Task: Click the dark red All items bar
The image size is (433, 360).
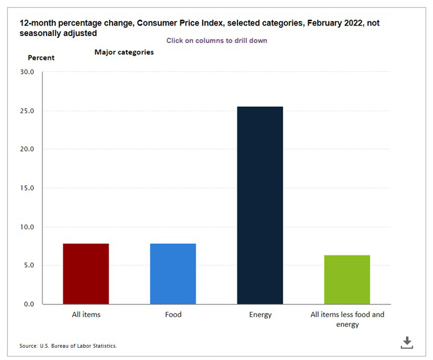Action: click(86, 273)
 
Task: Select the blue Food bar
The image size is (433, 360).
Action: click(173, 273)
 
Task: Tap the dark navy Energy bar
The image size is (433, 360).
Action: click(260, 205)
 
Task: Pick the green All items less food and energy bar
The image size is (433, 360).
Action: click(347, 279)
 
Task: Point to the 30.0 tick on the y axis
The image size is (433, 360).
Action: click(27, 72)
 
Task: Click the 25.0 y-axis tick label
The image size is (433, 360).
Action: click(27, 111)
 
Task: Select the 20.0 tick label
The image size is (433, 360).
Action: click(27, 149)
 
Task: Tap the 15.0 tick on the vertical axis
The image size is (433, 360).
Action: click(27, 188)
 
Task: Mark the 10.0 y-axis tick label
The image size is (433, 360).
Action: click(27, 227)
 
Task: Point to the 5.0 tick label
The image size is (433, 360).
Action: click(29, 265)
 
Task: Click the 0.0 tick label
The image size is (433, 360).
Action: click(29, 304)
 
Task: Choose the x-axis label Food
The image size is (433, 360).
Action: click(173, 315)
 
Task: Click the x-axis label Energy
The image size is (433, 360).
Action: click(260, 315)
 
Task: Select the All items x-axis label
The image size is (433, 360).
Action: click(86, 315)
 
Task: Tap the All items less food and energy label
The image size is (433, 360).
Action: click(347, 319)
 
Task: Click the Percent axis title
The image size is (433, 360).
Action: click(41, 57)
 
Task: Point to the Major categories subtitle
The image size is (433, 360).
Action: click(124, 52)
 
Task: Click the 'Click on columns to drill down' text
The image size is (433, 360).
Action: click(217, 41)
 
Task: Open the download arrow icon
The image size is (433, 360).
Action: click(407, 342)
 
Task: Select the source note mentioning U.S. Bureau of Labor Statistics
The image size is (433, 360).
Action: click(68, 346)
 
